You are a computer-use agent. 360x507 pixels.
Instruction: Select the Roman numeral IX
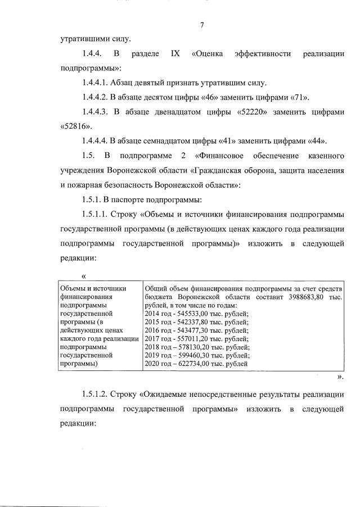(174, 54)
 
